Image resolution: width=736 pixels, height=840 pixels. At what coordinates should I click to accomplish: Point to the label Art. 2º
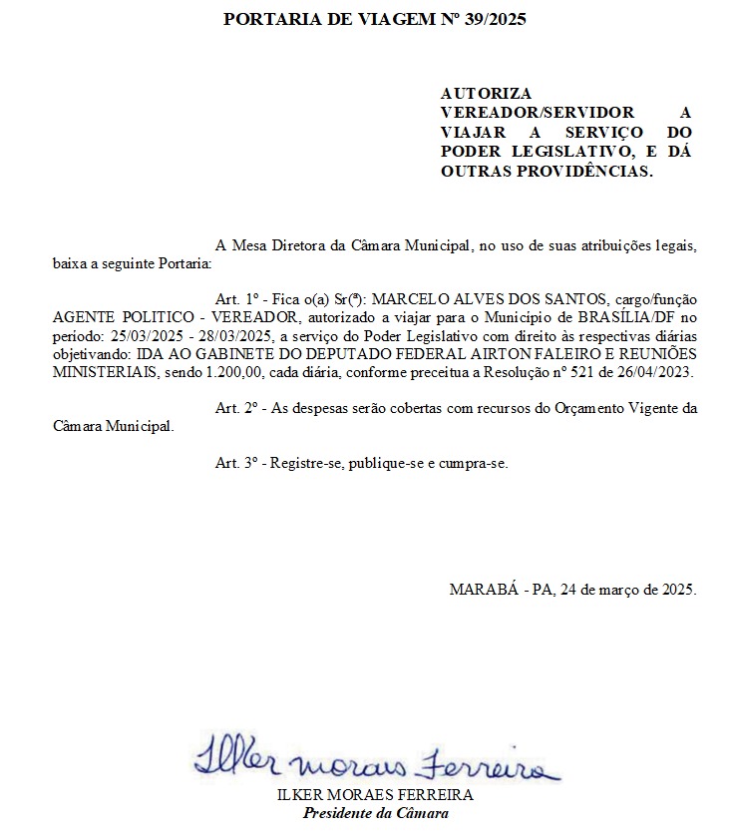(x=237, y=408)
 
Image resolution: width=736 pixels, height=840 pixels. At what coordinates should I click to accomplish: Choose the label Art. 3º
(x=237, y=463)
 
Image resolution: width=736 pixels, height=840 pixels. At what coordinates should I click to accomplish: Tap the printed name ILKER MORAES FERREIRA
(x=376, y=796)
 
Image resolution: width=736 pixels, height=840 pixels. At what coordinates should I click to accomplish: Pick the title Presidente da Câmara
(x=376, y=813)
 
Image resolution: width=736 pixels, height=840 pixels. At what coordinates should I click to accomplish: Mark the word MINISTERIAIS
(x=102, y=371)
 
